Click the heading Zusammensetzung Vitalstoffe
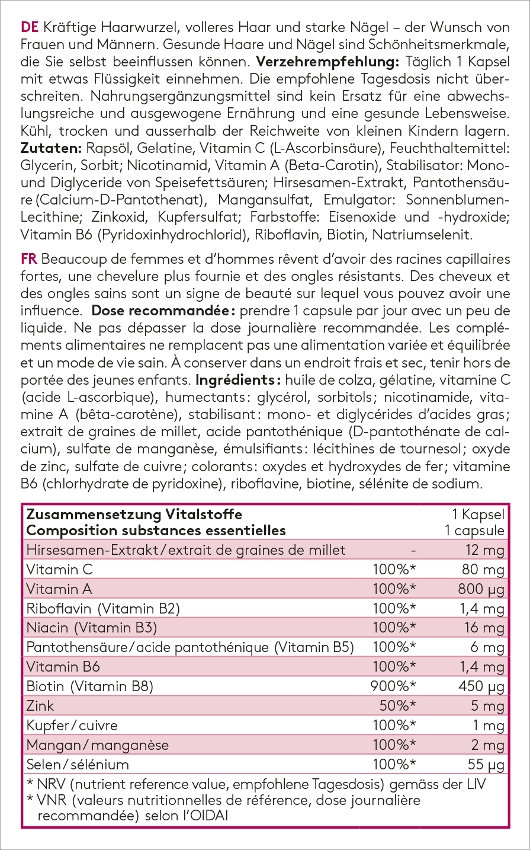tap(134, 515)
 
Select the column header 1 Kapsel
tap(478, 515)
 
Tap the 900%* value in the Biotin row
tap(393, 686)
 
